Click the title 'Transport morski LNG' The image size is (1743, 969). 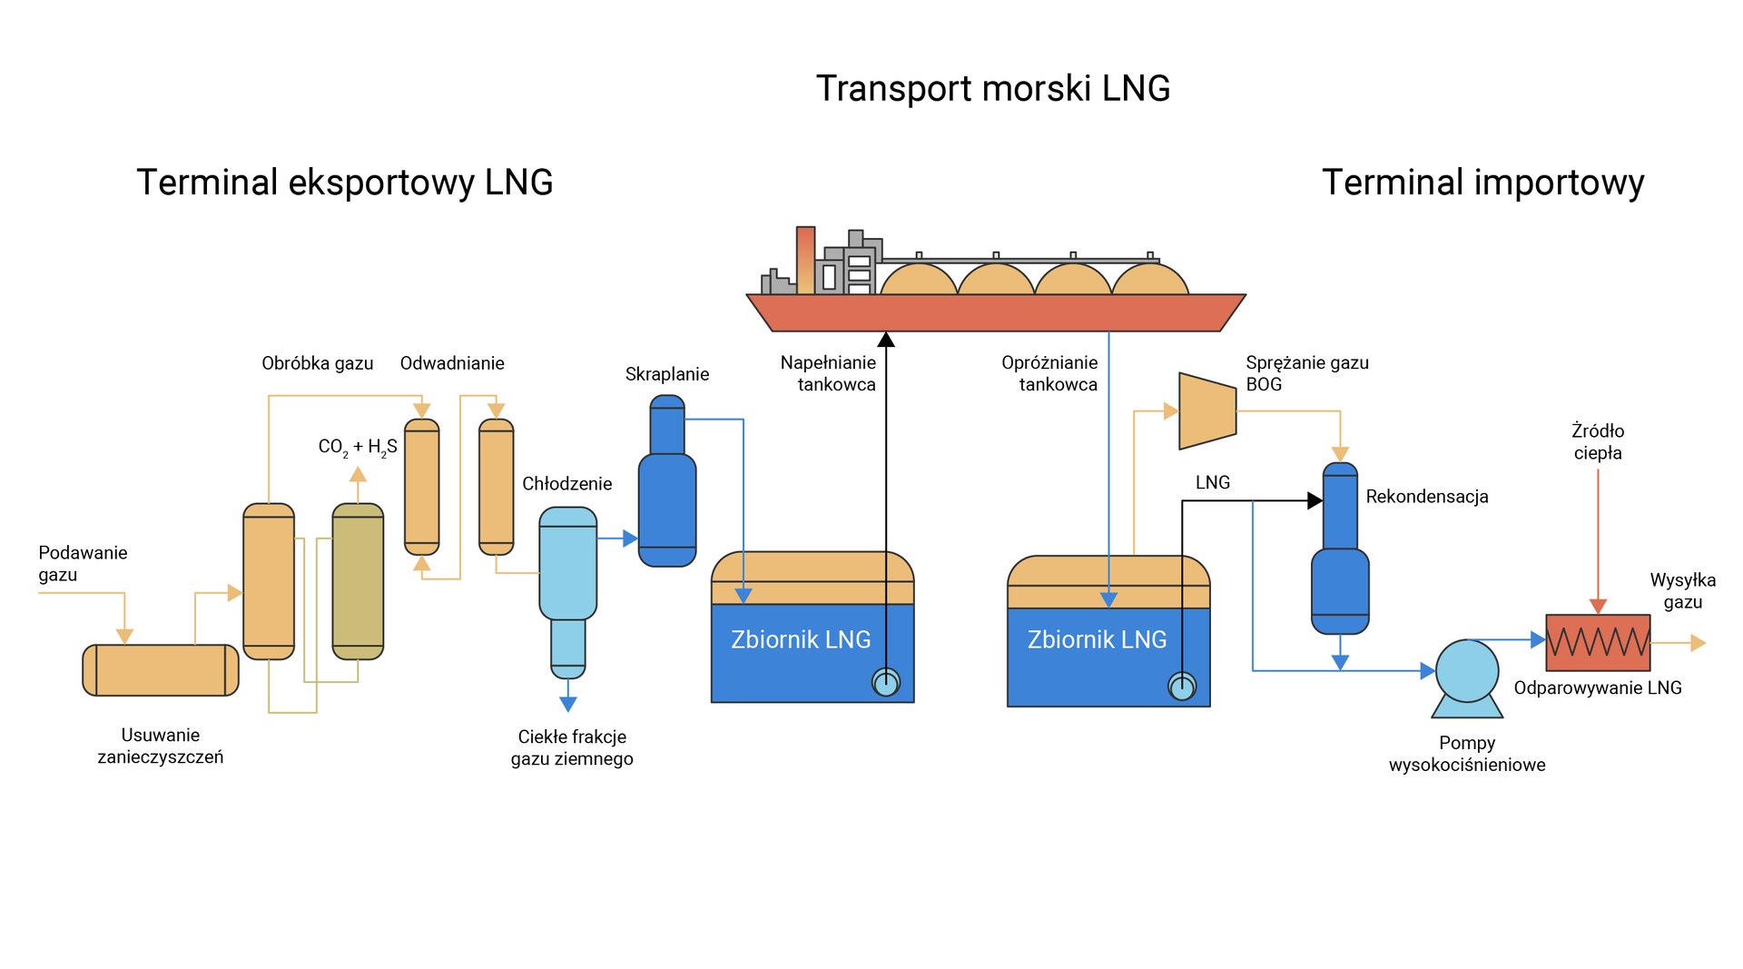coord(992,89)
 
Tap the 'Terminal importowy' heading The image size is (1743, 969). coord(1482,183)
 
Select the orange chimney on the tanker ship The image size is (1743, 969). coord(805,260)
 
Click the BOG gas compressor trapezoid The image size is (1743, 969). coord(1206,410)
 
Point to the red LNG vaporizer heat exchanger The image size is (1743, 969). coord(1597,642)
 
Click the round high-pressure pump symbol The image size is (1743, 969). coord(1466,671)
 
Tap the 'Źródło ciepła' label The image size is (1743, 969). coord(1597,441)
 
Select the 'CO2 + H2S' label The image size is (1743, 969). coord(357,447)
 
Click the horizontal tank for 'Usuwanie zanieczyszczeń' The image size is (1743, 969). coord(161,670)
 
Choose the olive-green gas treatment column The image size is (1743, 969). coord(358,581)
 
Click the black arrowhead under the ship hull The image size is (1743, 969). coord(886,340)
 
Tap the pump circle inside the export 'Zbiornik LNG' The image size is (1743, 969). coord(885,682)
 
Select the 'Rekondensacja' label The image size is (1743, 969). coord(1426,497)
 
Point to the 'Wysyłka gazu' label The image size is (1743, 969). coord(1681,590)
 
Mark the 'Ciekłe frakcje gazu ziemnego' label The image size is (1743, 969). coord(572,747)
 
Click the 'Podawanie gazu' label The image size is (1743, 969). coord(82,563)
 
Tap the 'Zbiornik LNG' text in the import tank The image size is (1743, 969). coord(1097,640)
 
